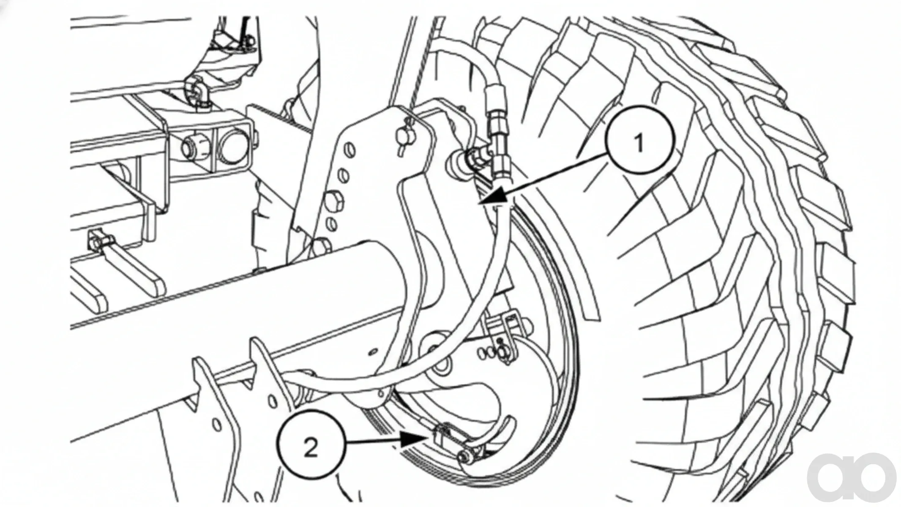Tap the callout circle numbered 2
pos(311,447)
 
